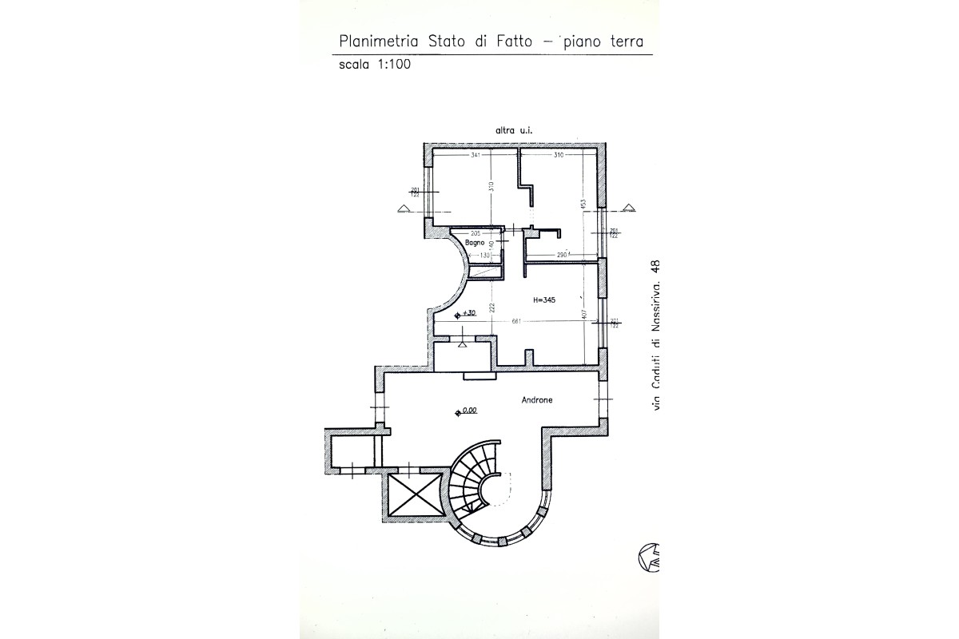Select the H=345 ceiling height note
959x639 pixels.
[544, 300]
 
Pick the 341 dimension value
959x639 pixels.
[476, 155]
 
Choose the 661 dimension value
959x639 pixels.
[516, 322]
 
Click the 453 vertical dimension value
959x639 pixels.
[583, 203]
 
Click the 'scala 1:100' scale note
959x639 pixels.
[375, 65]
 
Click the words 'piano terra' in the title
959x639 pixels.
[611, 41]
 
